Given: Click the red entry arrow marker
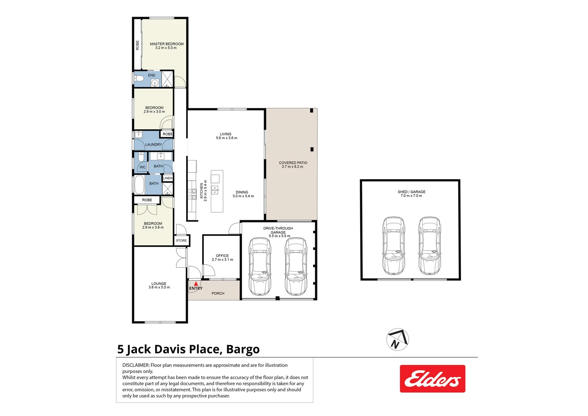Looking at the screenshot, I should [196, 283].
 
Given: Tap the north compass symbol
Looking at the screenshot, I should [398, 339].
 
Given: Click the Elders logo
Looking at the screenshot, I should [433, 379].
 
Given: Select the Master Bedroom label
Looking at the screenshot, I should [167, 44].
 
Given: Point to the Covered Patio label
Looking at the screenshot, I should [293, 163].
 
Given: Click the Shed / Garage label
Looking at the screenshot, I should [411, 192].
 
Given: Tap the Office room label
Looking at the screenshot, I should [222, 256].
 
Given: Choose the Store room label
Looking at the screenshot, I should [181, 240].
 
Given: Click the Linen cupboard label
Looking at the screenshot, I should [168, 178].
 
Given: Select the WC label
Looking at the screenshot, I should [143, 167].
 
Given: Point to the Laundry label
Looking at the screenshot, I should [154, 144].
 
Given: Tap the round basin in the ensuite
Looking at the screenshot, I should [155, 82].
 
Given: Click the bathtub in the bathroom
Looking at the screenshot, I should [139, 185].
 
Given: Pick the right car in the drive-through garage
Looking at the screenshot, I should [296, 266].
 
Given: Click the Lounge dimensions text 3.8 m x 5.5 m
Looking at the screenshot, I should [159, 287].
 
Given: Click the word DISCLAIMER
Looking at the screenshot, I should [135, 365].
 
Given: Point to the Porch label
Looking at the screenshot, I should [218, 294].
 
